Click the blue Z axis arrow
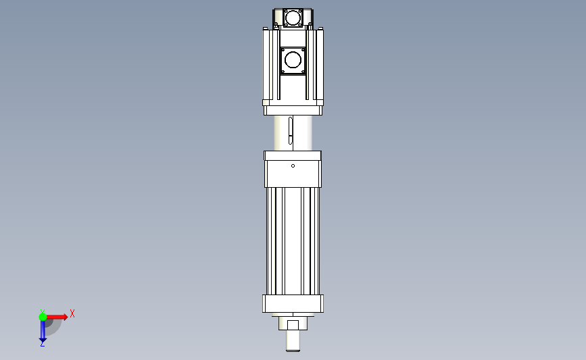(x=42, y=332)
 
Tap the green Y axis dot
(x=43, y=316)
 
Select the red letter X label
(x=72, y=313)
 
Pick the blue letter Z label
(x=42, y=344)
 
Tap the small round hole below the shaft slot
(x=293, y=165)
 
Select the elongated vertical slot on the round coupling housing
(x=289, y=132)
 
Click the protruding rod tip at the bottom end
(x=293, y=342)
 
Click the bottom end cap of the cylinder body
(x=293, y=303)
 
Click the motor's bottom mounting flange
(x=293, y=110)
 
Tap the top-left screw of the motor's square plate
(x=283, y=51)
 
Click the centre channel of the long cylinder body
(x=293, y=240)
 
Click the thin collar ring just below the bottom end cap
(x=293, y=315)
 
